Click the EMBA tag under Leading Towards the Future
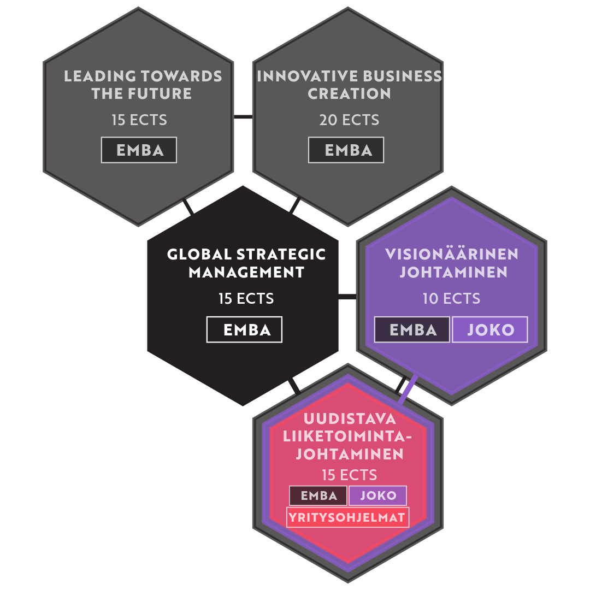click(x=139, y=150)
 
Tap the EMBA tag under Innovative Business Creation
click(x=346, y=150)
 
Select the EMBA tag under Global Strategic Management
click(x=245, y=330)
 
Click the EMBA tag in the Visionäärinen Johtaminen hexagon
click(x=412, y=330)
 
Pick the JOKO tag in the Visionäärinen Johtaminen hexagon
click(x=490, y=330)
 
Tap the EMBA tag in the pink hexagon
click(x=318, y=496)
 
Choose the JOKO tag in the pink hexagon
click(x=378, y=496)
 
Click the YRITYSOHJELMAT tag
click(x=348, y=517)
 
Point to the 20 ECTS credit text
click(x=349, y=120)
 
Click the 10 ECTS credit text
click(x=451, y=299)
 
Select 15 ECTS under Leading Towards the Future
click(x=139, y=120)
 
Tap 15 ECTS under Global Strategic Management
click(x=246, y=299)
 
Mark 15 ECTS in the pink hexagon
click(x=349, y=474)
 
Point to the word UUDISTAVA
click(x=349, y=420)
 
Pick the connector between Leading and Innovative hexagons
click(x=243, y=117)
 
